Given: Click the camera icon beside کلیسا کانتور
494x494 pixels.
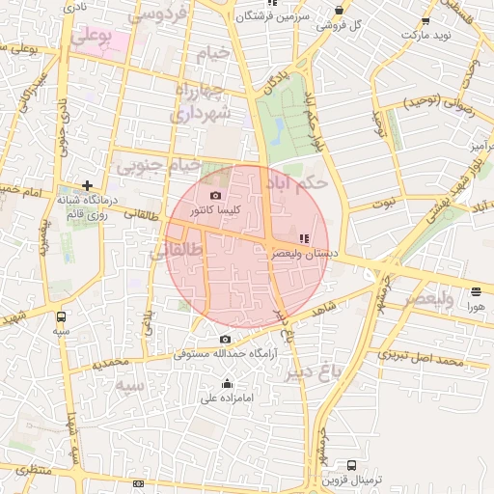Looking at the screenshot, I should [x=215, y=195].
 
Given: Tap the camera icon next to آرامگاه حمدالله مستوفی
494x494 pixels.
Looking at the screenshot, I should [x=225, y=339].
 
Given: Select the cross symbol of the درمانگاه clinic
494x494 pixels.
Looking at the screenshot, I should [x=88, y=184].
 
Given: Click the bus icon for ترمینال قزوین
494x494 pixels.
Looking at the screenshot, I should [x=351, y=465].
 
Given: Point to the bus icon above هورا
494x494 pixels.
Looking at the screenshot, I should [x=477, y=291].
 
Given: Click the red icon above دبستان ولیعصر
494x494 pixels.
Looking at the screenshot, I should [x=304, y=237].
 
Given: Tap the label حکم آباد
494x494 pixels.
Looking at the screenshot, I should [x=302, y=180].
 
